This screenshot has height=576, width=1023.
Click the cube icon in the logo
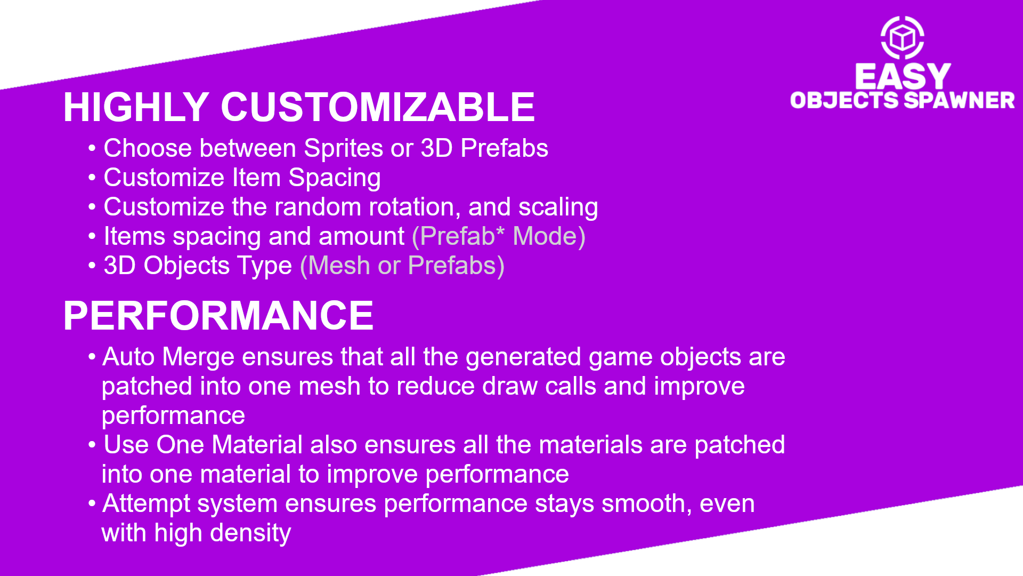(x=903, y=38)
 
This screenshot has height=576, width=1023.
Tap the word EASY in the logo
(x=903, y=76)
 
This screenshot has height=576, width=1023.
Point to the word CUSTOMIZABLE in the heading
(x=378, y=107)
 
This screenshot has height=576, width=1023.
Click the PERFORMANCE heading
(x=218, y=316)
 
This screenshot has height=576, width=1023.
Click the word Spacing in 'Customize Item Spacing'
(x=335, y=178)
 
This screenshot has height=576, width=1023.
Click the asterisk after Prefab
(x=500, y=230)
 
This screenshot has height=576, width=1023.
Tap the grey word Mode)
(x=549, y=236)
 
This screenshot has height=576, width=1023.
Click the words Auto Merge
(x=168, y=357)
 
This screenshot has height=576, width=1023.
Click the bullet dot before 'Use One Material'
(x=92, y=444)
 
